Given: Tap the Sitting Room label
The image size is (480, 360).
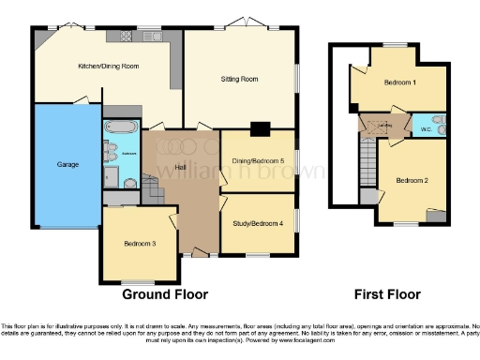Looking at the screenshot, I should click(238, 80).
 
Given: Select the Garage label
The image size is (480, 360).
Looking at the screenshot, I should click(67, 164).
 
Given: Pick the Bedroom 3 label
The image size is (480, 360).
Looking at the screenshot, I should click(140, 244).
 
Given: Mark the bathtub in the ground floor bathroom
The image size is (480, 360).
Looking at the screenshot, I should click(119, 127).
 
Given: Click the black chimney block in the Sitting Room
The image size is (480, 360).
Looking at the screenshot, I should click(260, 128).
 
